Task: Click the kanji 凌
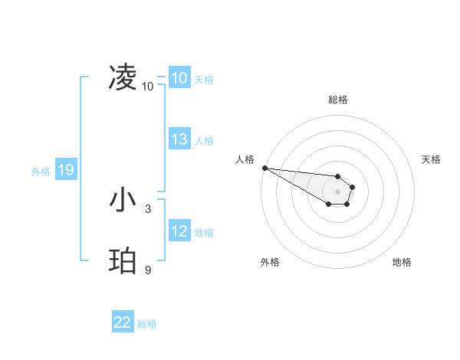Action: point(123,77)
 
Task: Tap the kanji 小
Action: point(123,201)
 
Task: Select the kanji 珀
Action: point(123,261)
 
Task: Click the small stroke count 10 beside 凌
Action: point(148,87)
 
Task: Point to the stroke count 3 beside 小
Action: point(148,208)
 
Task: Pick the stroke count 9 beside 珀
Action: point(148,269)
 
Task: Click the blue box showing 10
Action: point(179,78)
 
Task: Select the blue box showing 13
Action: point(179,139)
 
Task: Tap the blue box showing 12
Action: point(179,231)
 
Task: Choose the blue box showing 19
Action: point(65,170)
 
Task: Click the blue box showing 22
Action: point(123,322)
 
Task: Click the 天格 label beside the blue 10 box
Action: point(204,79)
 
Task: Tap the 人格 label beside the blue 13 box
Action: point(204,140)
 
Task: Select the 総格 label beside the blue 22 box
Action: point(147,323)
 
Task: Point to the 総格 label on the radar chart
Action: point(338,100)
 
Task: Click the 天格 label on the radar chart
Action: point(431,159)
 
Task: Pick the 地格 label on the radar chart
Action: point(402,262)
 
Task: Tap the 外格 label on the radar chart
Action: point(270,262)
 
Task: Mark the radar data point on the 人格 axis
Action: point(264,168)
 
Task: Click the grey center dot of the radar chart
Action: point(338,191)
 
